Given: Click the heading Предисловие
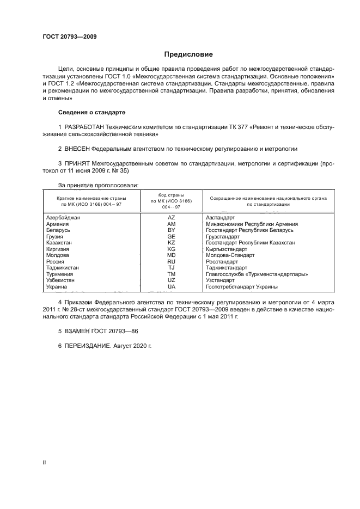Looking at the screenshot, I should click(189, 54).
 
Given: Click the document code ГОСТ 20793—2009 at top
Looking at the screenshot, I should click(69, 37).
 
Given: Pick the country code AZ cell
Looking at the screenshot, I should click(171, 217).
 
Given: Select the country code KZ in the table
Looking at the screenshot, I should click(171, 242).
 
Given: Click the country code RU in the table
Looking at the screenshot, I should click(171, 261).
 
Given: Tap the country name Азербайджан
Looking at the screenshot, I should click(64, 217).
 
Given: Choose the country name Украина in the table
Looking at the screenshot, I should click(57, 286).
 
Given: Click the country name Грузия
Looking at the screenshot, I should click(55, 236).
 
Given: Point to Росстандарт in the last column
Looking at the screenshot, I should click(222, 261).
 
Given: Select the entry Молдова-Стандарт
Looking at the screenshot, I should click(228, 255).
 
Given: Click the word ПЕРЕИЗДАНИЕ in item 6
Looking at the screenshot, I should click(88, 345).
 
